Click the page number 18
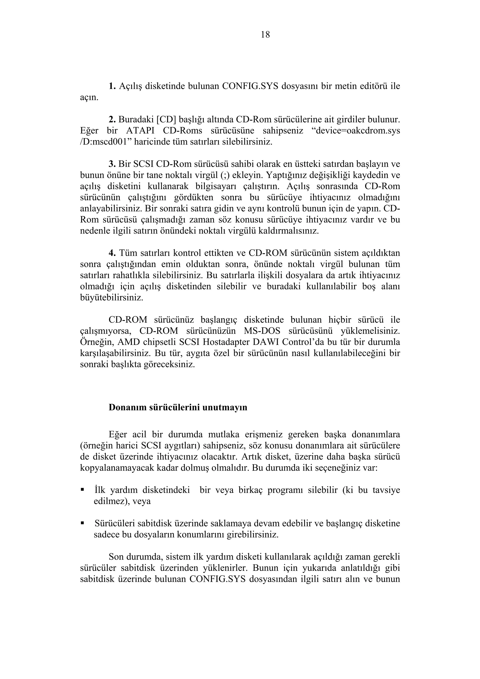tap(265, 35)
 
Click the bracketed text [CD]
tap(166, 119)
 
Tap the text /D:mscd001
tap(105, 142)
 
